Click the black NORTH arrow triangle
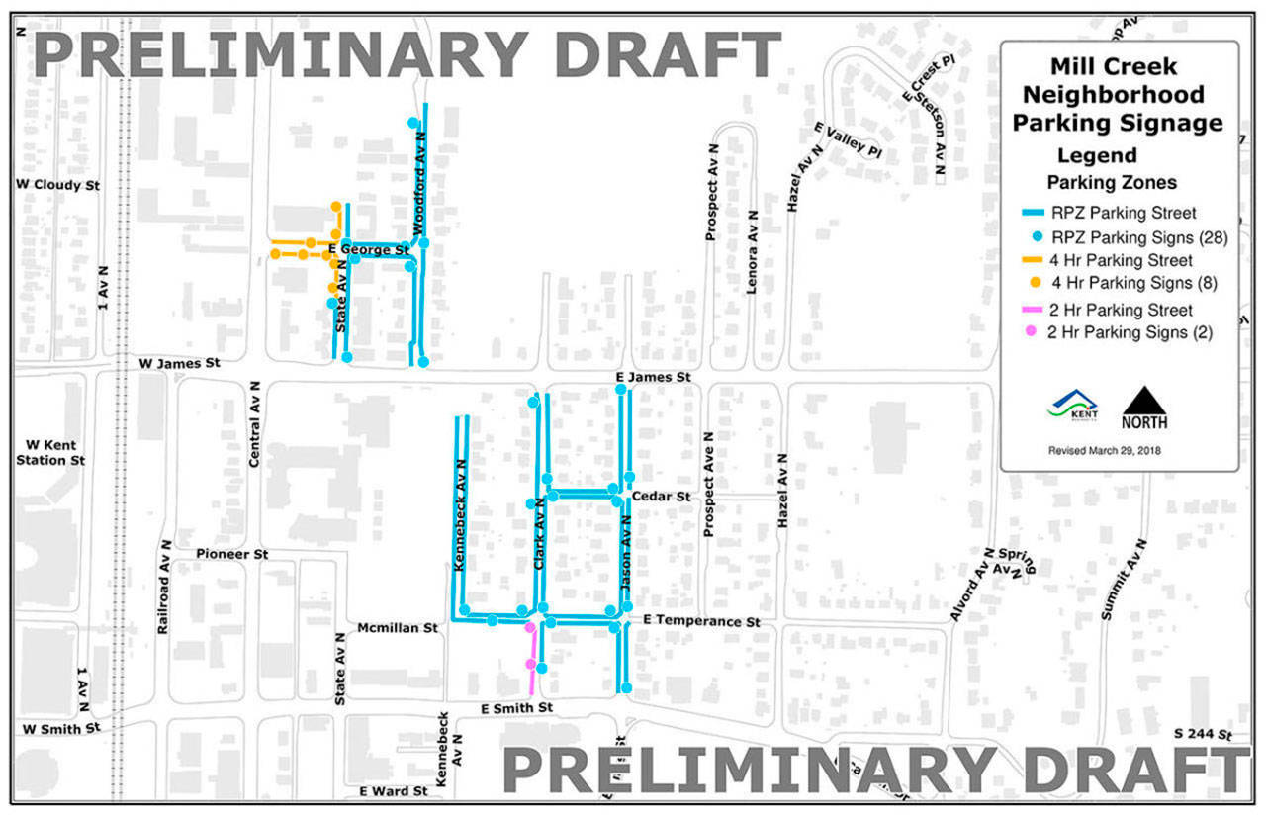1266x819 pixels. pyautogui.click(x=1144, y=401)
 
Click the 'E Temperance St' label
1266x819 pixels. pyautogui.click(x=700, y=621)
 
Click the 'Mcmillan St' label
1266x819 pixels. pyautogui.click(x=397, y=627)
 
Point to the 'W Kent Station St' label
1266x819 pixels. pyautogui.click(x=50, y=452)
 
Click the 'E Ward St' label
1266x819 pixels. pyautogui.click(x=394, y=791)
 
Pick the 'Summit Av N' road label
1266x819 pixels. pyautogui.click(x=1123, y=580)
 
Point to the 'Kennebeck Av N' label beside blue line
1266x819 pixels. pyautogui.click(x=459, y=520)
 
